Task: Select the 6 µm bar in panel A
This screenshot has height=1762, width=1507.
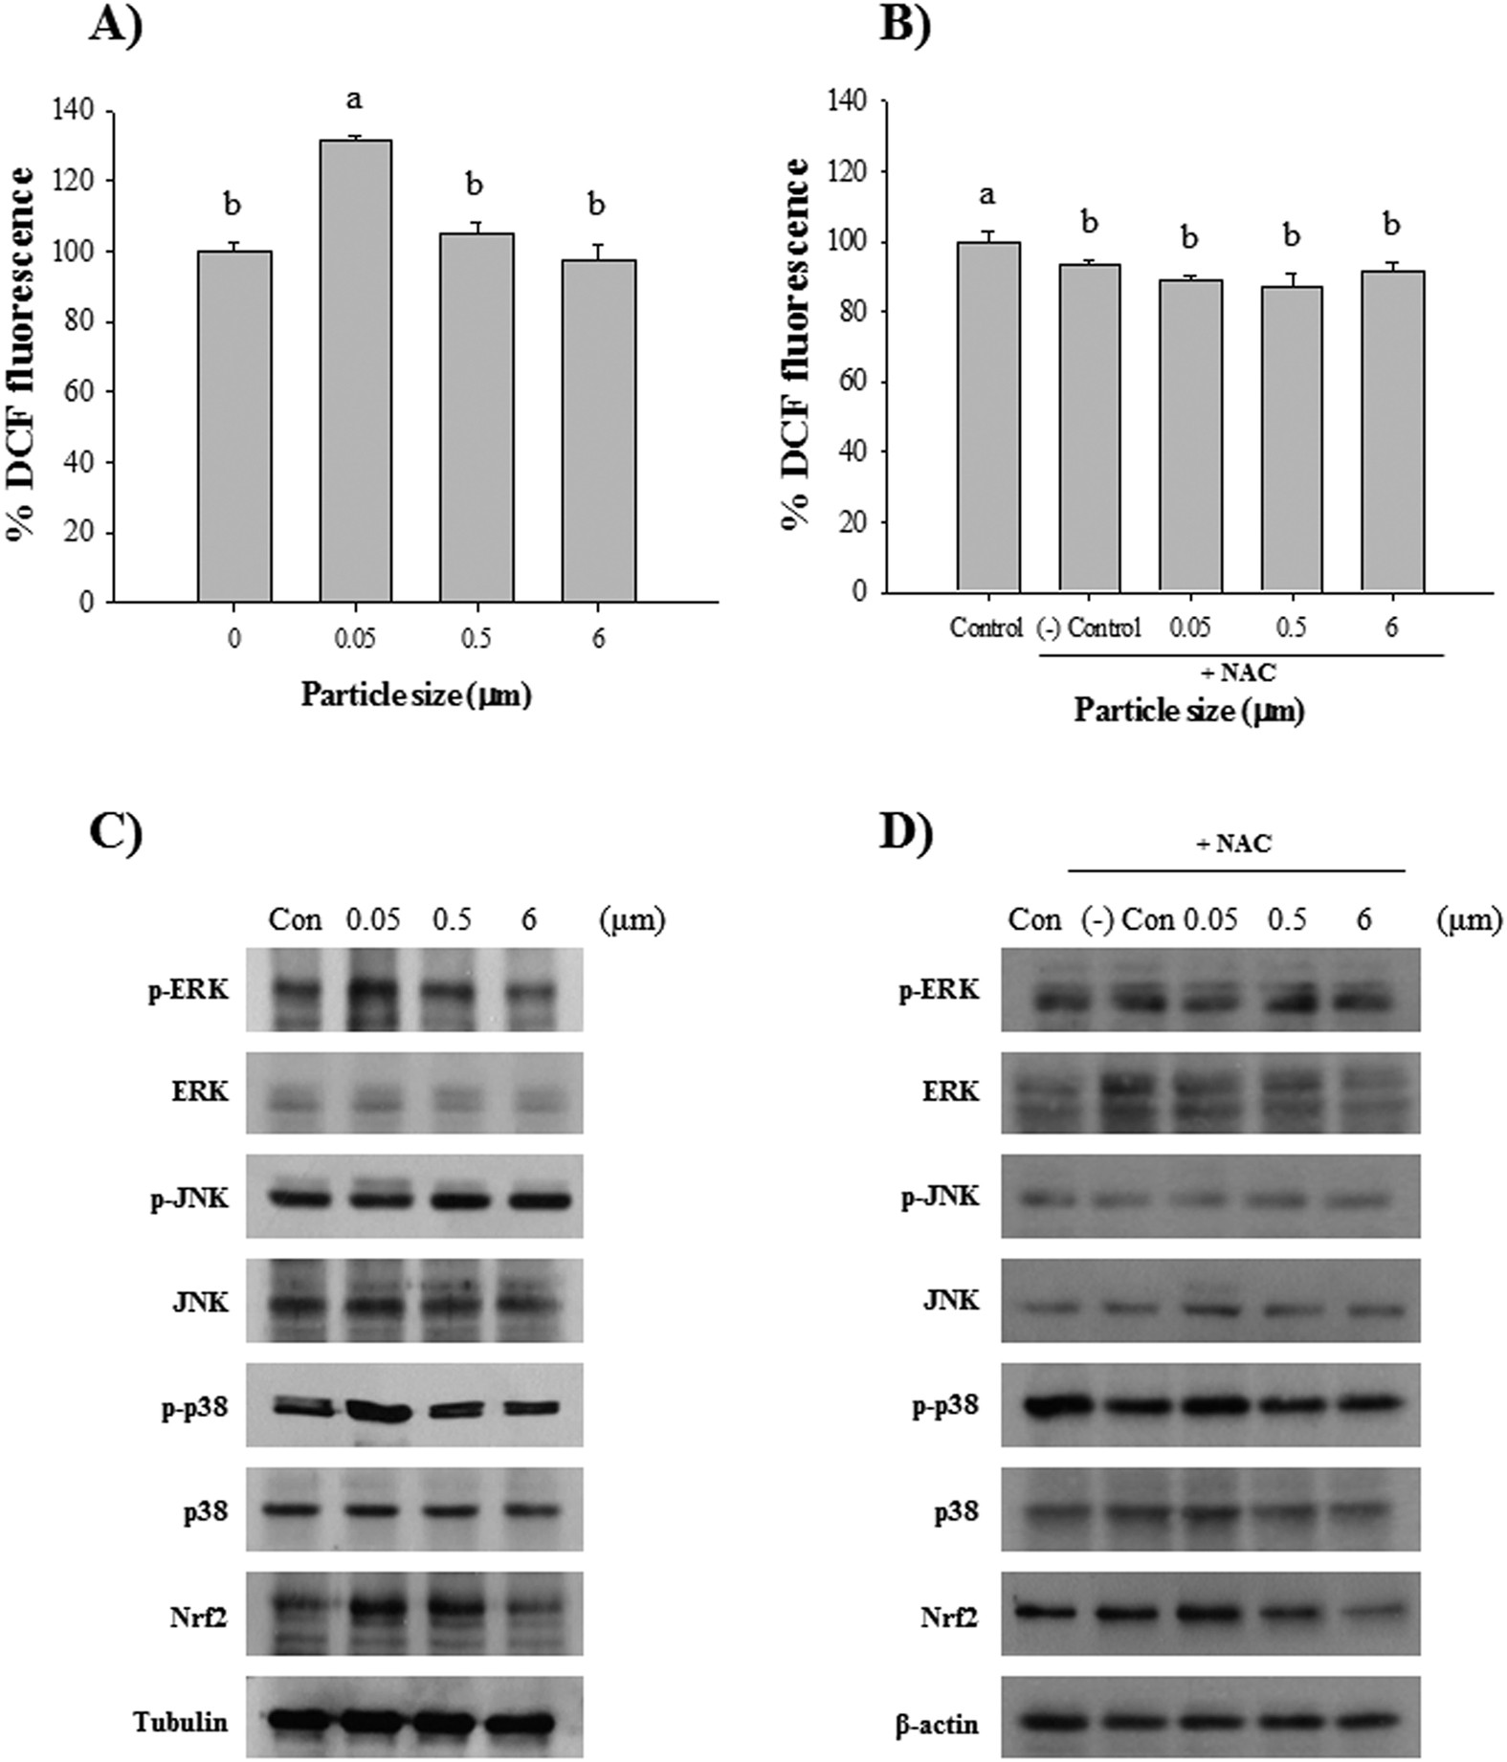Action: [598, 430]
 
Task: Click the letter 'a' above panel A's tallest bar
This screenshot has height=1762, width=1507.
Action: [355, 99]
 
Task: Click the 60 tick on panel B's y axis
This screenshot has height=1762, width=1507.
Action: [848, 383]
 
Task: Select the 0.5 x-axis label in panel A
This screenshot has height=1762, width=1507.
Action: [476, 638]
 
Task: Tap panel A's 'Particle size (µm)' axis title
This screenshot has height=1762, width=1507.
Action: [415, 695]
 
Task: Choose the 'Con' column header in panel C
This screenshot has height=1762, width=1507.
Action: [295, 920]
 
